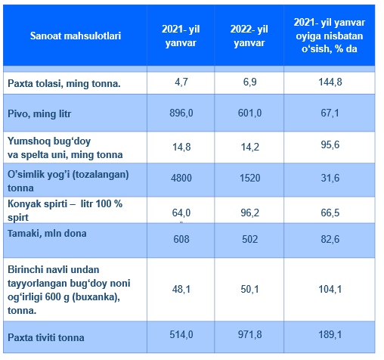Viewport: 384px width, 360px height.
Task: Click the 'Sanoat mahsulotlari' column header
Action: [76, 36]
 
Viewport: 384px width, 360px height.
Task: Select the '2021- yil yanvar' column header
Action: [181, 36]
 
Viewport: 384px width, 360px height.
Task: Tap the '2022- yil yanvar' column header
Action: [249, 36]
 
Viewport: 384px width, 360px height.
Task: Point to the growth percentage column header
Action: [330, 36]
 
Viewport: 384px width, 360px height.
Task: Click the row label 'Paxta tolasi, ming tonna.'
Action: [64, 83]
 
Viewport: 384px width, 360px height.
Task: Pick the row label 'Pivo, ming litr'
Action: [39, 113]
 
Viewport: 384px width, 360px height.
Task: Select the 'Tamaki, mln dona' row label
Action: [47, 234]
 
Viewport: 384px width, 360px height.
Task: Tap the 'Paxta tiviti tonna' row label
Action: [46, 337]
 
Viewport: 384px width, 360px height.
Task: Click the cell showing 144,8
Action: [330, 82]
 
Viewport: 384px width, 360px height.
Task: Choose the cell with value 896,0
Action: [181, 113]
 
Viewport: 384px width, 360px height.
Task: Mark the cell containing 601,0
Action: [249, 113]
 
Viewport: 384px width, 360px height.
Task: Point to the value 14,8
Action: [181, 147]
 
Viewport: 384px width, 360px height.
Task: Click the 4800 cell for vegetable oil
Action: [181, 178]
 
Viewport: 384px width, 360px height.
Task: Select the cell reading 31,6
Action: [330, 178]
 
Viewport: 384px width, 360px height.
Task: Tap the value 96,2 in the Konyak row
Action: [249, 213]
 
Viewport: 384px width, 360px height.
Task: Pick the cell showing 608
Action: [181, 239]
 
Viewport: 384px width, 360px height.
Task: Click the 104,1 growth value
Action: [330, 289]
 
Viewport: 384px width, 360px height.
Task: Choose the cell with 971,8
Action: [249, 334]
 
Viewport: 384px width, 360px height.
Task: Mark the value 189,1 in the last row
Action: [330, 334]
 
